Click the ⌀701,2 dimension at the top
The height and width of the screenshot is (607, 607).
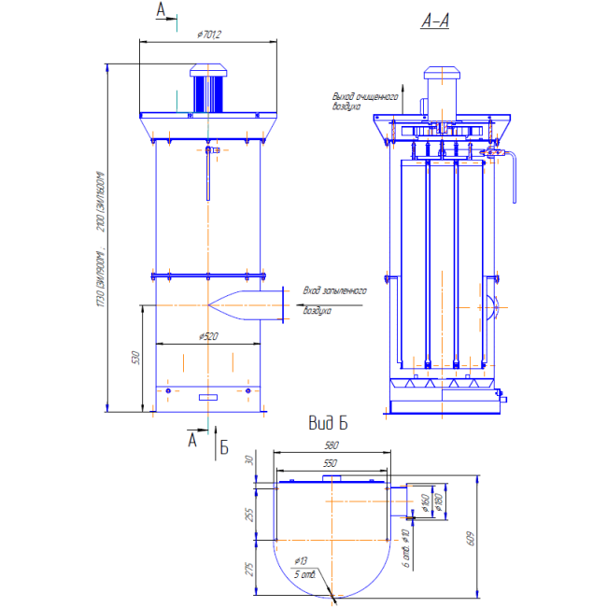click(x=209, y=35)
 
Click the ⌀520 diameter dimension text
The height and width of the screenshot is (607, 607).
click(x=209, y=336)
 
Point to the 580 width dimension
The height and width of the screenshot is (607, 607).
click(x=332, y=445)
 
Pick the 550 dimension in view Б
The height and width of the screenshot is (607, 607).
click(x=331, y=462)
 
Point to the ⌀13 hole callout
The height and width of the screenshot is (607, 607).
click(x=301, y=560)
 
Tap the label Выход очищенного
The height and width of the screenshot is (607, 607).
click(x=366, y=96)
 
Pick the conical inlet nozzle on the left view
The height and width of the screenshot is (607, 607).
click(x=245, y=304)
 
